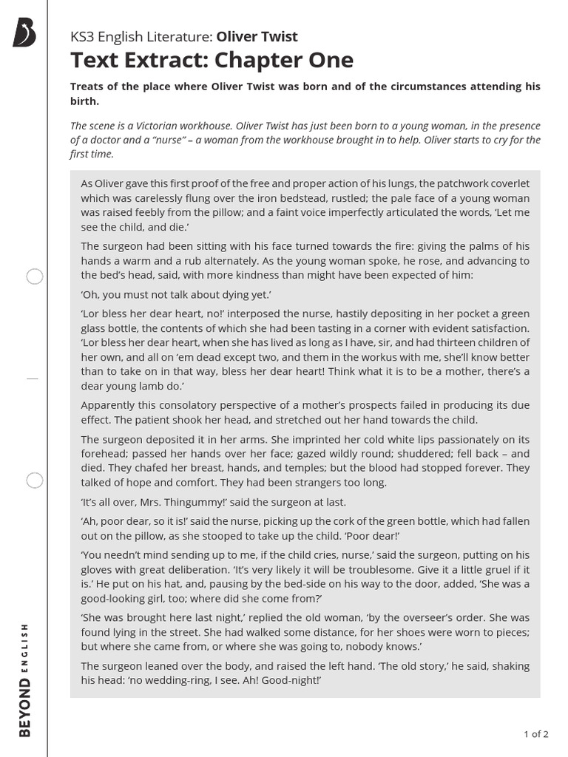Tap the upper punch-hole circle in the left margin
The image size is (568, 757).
(35, 277)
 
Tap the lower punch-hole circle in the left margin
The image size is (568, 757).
(35, 481)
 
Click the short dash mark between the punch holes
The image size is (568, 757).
(32, 378)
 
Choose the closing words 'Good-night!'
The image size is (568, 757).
(286, 680)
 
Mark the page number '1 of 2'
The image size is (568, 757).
(535, 734)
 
